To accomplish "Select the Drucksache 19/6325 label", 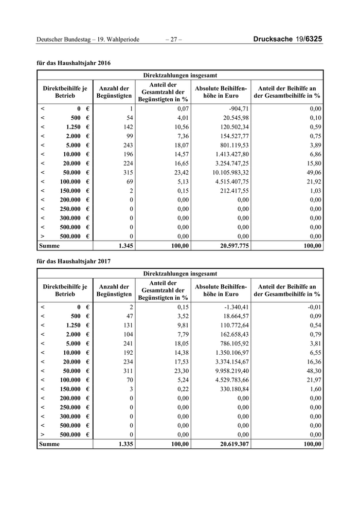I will click(288, 40).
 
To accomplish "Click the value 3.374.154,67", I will click(229, 361).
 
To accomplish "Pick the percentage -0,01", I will click(314, 307).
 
